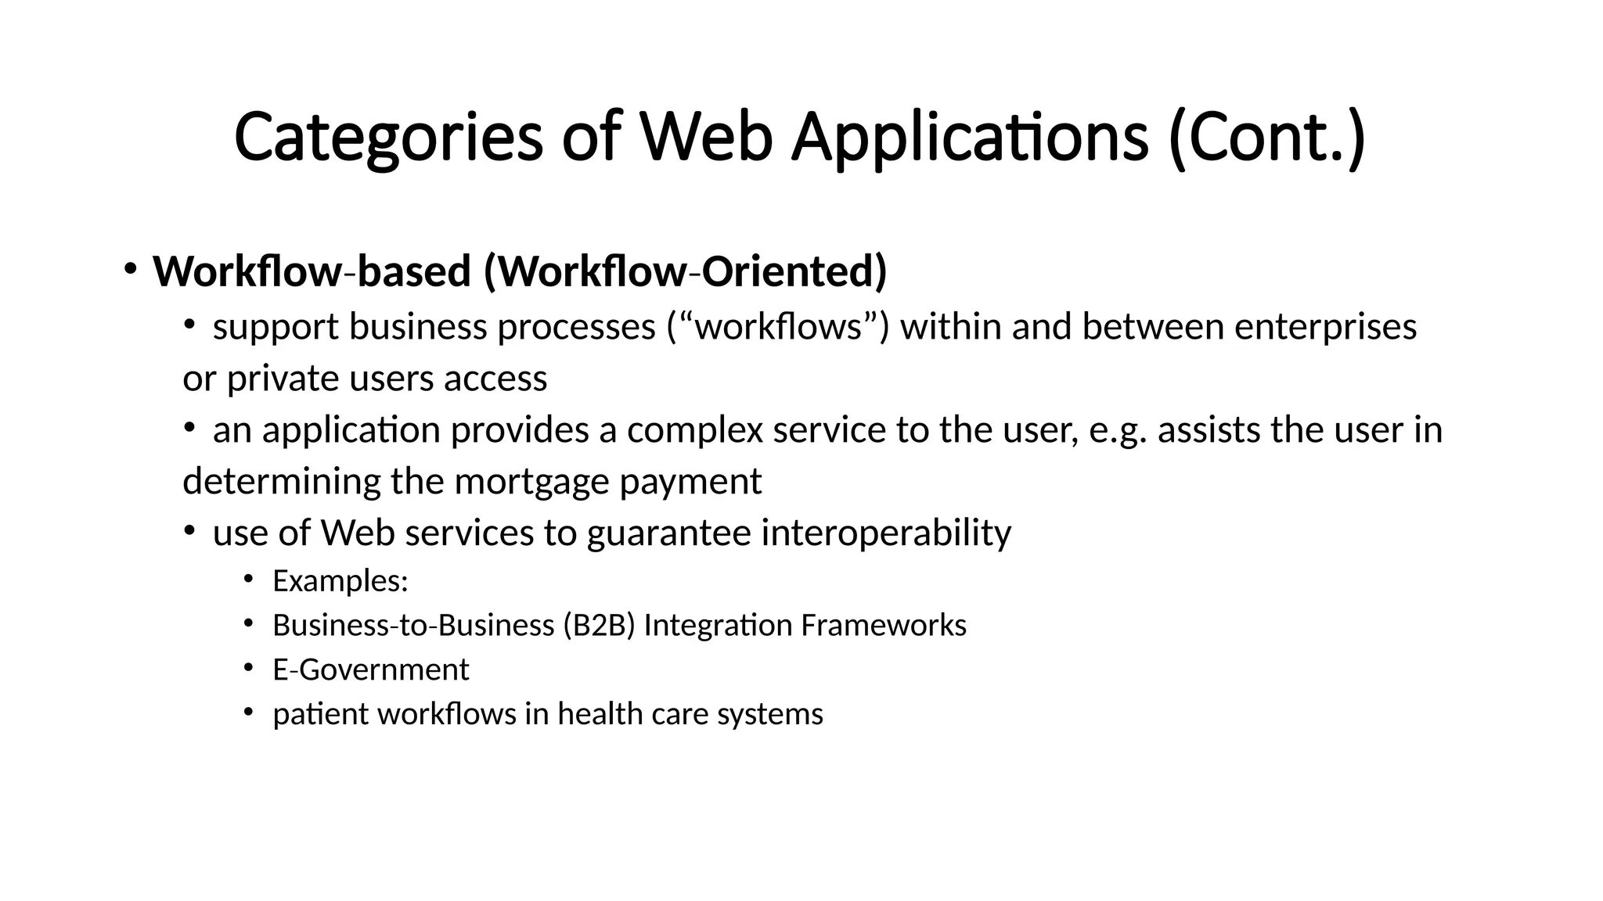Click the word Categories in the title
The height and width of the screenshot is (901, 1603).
point(388,138)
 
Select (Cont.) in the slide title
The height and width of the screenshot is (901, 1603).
point(1266,138)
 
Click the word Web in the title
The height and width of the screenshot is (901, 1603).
point(706,138)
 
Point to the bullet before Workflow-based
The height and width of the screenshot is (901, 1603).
point(130,269)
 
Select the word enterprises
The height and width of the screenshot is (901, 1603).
point(1325,326)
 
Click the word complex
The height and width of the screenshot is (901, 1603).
point(694,430)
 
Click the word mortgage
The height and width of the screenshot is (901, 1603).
point(535,481)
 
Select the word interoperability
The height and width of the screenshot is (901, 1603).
point(886,533)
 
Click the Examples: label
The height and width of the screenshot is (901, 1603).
point(340,581)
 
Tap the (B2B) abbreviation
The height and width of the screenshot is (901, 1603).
point(598,626)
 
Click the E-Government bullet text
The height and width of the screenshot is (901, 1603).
point(370,669)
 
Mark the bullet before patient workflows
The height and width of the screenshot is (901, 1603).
point(248,712)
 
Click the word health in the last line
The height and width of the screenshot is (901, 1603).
point(588,714)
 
